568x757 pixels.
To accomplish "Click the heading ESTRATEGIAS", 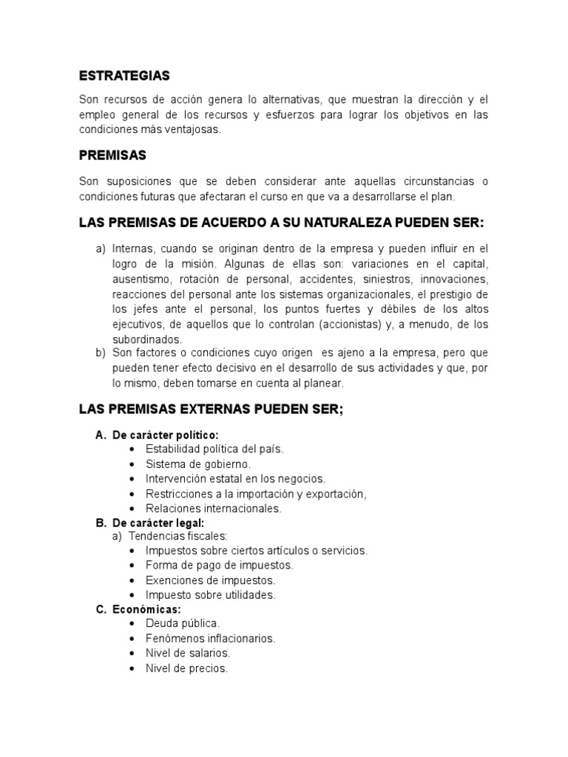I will tap(124, 75).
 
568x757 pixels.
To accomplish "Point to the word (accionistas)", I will tap(339, 325).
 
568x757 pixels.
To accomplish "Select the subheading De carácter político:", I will tap(166, 435).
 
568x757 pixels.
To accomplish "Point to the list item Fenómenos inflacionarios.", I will tap(210, 638).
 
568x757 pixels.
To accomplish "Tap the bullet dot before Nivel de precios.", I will tap(132, 668).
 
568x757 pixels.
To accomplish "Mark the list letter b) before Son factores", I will tap(101, 353).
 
